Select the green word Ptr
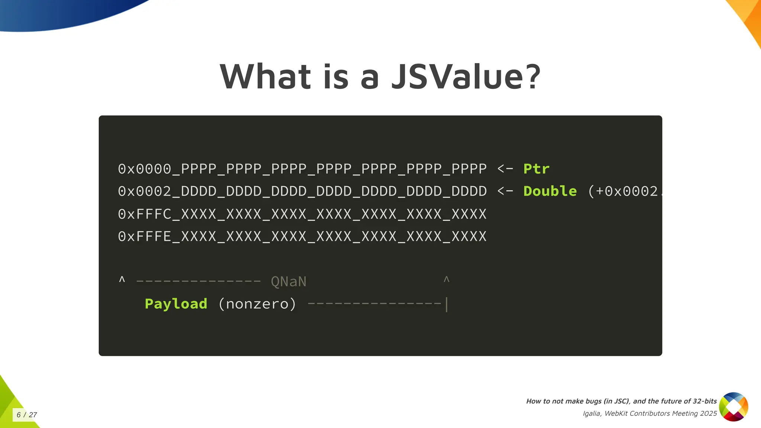click(536, 169)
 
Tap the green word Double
click(550, 191)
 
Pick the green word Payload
click(176, 304)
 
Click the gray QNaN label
click(289, 282)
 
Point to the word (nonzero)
click(257, 304)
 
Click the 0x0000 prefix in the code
click(145, 169)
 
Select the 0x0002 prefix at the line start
click(145, 191)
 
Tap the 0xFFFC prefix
click(145, 214)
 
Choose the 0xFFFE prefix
click(145, 236)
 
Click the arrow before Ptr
click(505, 169)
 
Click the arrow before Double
click(505, 191)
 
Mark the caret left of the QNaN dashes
click(122, 279)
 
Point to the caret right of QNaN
click(447, 279)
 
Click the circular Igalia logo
click(734, 407)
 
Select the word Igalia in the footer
click(592, 414)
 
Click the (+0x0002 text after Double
click(624, 191)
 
